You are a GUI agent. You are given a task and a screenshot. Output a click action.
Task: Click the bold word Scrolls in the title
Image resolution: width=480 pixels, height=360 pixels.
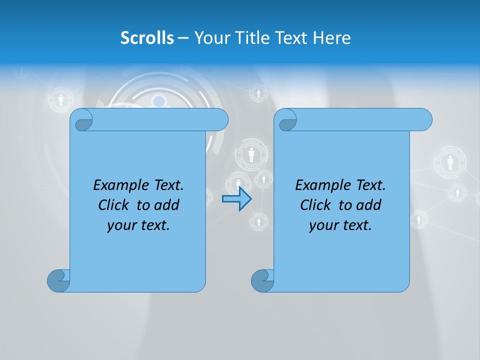(x=147, y=38)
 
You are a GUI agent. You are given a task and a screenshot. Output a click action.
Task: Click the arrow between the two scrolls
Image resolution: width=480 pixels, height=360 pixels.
(x=236, y=199)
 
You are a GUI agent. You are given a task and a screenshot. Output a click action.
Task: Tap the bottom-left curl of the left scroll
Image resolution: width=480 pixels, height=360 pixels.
(x=58, y=280)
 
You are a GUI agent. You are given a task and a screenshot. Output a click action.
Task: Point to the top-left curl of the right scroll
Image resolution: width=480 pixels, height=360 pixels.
(x=286, y=120)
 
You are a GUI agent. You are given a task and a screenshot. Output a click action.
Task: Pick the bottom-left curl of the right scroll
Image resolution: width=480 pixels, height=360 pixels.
(x=262, y=280)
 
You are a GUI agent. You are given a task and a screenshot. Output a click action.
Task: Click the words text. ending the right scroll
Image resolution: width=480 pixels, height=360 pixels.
(x=357, y=225)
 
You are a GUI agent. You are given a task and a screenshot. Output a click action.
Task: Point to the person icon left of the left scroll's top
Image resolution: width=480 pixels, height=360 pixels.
(x=61, y=100)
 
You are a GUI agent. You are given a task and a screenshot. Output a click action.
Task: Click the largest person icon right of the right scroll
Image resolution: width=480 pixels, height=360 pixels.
(x=450, y=162)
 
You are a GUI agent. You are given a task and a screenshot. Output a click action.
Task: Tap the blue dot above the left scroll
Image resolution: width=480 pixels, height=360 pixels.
(x=159, y=102)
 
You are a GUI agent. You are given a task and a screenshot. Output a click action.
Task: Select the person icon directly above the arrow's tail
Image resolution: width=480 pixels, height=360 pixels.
(x=238, y=183)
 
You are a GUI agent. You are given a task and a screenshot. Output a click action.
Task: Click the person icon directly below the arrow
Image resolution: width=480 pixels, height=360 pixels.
(x=258, y=220)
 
